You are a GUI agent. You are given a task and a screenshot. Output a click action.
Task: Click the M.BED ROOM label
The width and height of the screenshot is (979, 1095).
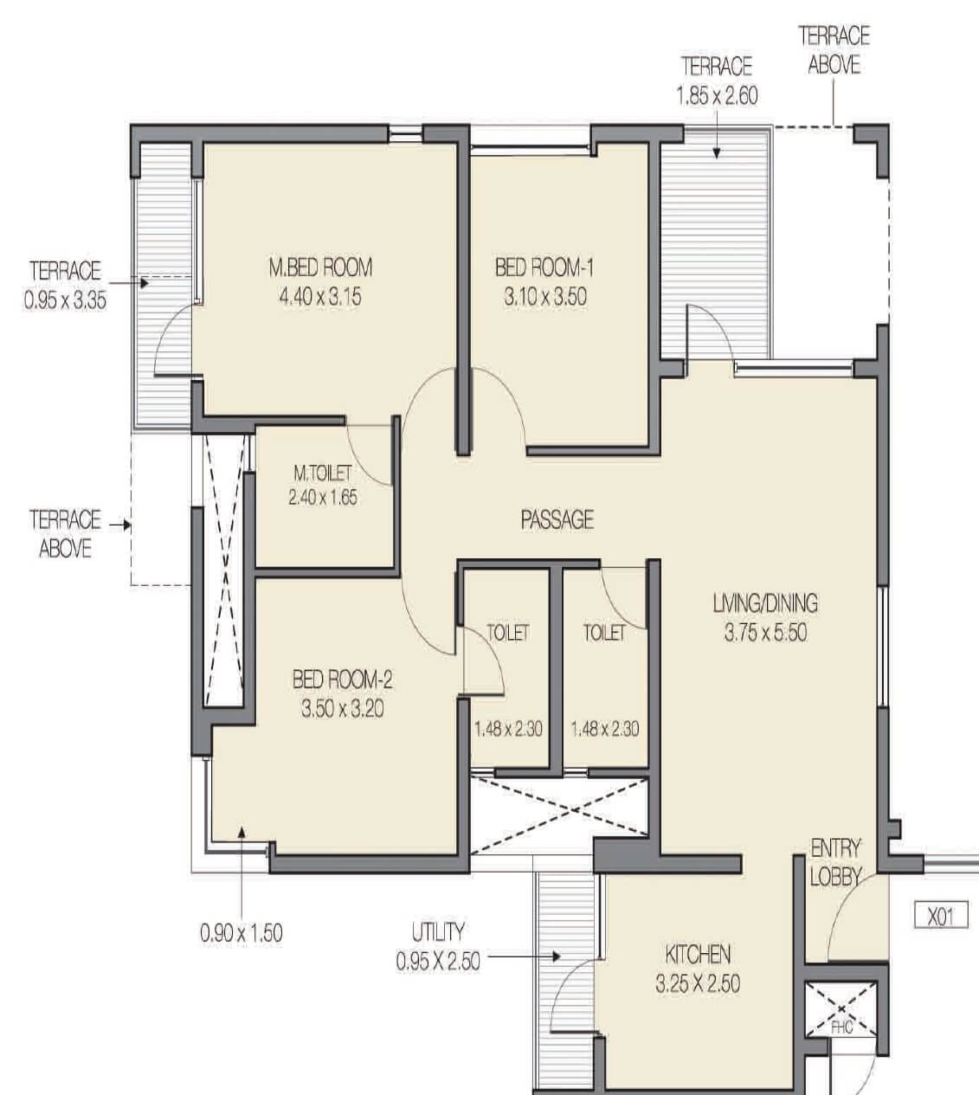(x=319, y=267)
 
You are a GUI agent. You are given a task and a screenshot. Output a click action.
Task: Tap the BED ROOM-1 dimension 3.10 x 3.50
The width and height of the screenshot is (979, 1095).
(x=544, y=297)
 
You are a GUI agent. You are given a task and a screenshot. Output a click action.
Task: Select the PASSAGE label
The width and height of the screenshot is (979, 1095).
(x=557, y=519)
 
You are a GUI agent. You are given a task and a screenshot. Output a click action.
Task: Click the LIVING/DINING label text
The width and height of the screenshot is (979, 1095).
(x=765, y=602)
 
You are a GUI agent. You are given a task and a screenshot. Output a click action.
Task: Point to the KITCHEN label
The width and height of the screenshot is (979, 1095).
(x=697, y=954)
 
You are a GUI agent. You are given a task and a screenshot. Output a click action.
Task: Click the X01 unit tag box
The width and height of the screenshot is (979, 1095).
(x=941, y=916)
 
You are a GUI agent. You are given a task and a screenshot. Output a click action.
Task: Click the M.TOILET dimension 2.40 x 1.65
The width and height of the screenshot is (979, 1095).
(x=322, y=498)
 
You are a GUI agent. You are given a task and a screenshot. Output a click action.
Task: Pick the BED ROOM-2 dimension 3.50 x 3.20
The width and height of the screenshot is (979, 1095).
(x=342, y=709)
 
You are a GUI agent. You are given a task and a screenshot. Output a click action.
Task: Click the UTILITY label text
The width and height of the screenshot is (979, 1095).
(x=437, y=932)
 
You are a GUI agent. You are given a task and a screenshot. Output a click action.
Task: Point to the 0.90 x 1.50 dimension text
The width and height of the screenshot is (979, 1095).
(x=241, y=933)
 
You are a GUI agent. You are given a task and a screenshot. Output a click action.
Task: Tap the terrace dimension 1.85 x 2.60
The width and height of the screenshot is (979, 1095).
(x=717, y=95)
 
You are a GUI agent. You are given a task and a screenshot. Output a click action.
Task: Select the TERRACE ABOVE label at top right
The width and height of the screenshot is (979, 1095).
(x=834, y=50)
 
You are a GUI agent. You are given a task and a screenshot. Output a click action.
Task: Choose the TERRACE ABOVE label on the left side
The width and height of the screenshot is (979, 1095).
(x=66, y=534)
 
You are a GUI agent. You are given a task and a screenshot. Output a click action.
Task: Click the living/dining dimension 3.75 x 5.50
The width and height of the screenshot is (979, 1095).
(x=765, y=633)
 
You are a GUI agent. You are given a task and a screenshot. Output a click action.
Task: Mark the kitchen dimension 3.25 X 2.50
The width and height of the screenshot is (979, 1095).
(x=697, y=983)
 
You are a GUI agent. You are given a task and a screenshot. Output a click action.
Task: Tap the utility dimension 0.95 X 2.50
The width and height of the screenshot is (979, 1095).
(x=437, y=962)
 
